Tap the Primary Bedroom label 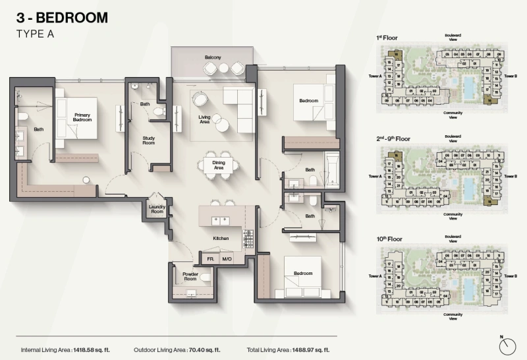82,118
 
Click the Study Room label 148,140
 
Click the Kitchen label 220,238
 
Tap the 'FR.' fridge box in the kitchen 210,259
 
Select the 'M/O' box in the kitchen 227,259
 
